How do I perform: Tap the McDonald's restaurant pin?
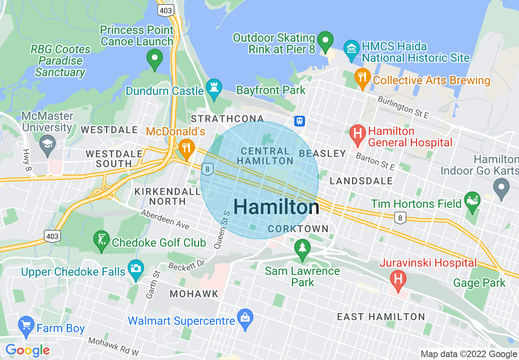click(x=187, y=147)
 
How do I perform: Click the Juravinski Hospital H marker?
click(x=398, y=279)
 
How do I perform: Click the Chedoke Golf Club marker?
click(x=101, y=239)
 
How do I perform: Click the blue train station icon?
click(x=300, y=121)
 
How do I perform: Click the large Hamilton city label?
click(x=276, y=207)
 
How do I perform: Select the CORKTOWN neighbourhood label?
click(x=298, y=229)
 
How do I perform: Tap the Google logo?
click(x=27, y=350)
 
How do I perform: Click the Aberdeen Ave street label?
click(x=165, y=220)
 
